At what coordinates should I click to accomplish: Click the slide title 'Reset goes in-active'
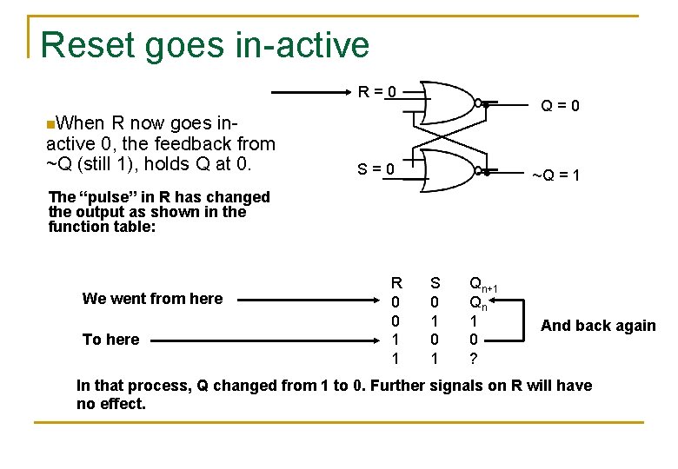204,45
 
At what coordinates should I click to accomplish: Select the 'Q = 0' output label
561,107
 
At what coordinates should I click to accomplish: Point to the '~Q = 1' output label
555,176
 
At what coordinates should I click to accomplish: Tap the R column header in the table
396,282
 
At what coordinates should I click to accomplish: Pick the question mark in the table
474,359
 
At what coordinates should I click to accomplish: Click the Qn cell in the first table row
478,302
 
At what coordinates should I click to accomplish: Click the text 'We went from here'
152,299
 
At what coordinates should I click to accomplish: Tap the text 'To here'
110,340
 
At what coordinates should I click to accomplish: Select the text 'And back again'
598,326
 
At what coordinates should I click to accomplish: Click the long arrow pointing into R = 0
313,91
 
